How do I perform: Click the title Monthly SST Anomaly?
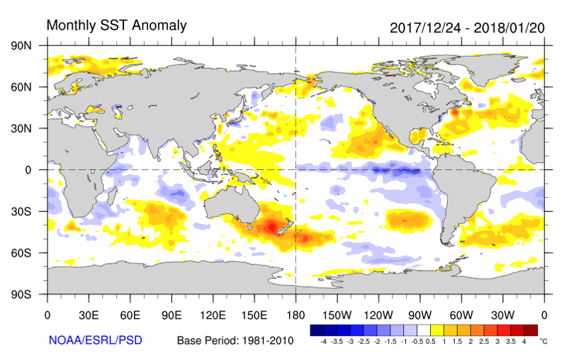point(116,26)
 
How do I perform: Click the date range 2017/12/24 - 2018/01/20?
point(468,28)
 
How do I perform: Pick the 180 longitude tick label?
point(295,315)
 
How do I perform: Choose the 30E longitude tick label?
point(89,315)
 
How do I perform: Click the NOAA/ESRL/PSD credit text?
point(96,340)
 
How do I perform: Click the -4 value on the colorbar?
point(324,341)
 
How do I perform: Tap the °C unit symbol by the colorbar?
point(543,341)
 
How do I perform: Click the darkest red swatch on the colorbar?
point(531,330)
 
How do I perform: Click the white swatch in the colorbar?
point(424,330)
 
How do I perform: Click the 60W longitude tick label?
point(461,315)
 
